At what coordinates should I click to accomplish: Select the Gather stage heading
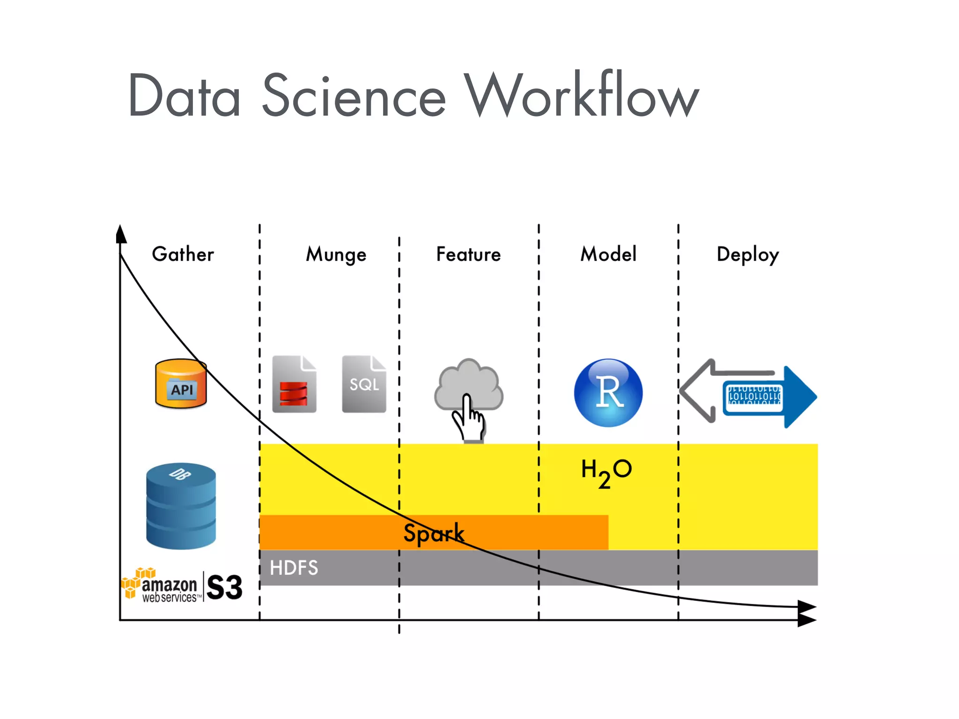(183, 254)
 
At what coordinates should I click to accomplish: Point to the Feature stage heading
(468, 254)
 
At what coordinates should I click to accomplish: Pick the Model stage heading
(608, 254)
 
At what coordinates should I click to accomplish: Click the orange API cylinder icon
(181, 384)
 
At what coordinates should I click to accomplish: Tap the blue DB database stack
(181, 506)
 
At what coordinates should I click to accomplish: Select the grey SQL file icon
(364, 384)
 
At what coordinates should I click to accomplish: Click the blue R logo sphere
(608, 392)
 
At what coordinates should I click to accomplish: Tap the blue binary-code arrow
(768, 397)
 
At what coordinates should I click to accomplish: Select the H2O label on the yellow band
(606, 472)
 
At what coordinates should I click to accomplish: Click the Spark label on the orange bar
(434, 533)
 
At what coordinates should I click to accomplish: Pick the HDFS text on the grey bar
(294, 568)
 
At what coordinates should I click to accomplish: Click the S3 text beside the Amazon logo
(224, 587)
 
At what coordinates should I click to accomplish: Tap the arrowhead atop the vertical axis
(121, 234)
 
